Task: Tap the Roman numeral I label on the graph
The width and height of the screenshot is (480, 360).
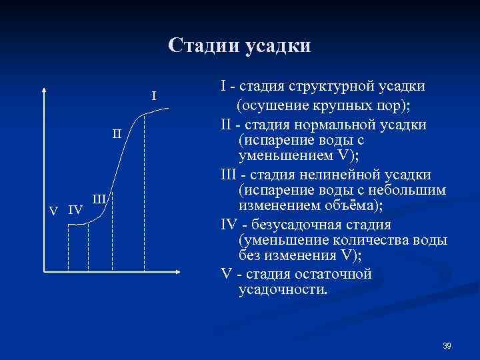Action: click(x=154, y=97)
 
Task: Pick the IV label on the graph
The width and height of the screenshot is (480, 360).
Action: click(x=75, y=211)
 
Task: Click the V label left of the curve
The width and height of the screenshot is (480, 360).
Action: click(x=55, y=211)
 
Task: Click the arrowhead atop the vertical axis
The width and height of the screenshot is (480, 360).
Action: click(x=44, y=91)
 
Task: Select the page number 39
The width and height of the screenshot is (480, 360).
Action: click(x=447, y=345)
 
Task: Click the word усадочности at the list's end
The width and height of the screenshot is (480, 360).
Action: click(x=283, y=290)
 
